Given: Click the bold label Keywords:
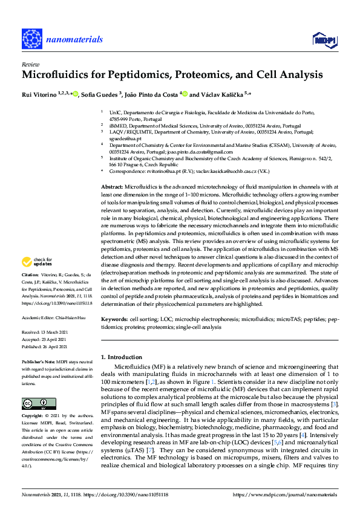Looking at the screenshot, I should tap(115, 318).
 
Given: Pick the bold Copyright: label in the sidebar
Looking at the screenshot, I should tap(34, 416).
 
